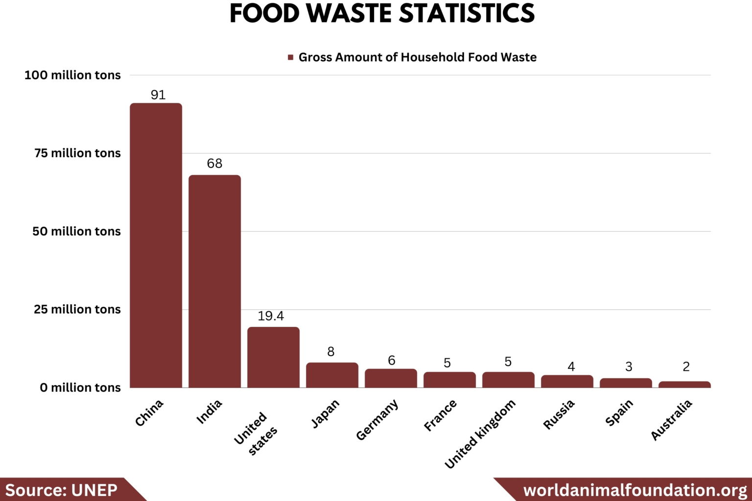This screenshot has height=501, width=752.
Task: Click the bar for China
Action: pyautogui.click(x=156, y=245)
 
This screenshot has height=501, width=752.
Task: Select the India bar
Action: pyautogui.click(x=214, y=281)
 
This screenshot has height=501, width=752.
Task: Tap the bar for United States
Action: pyautogui.click(x=273, y=357)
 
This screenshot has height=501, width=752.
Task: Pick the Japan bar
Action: pyautogui.click(x=332, y=375)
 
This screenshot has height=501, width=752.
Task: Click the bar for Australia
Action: pyautogui.click(x=684, y=385)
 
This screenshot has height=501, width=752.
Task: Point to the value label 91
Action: pyautogui.click(x=158, y=95)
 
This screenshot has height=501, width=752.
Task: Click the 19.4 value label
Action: pyautogui.click(x=271, y=316)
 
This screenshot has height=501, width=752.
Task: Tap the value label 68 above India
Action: pyautogui.click(x=214, y=163)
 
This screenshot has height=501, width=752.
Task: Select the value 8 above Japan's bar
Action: pyautogui.click(x=331, y=352)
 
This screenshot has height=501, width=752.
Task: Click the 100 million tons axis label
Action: pyautogui.click(x=72, y=75)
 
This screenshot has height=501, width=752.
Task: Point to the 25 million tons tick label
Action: pyautogui.click(x=77, y=309)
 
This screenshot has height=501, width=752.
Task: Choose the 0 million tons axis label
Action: pyautogui.click(x=80, y=387)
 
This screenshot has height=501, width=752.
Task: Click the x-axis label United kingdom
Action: pyautogui.click(x=480, y=433)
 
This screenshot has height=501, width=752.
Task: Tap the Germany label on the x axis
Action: pyautogui.click(x=377, y=420)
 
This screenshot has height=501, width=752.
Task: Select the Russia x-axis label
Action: pyautogui.click(x=559, y=414)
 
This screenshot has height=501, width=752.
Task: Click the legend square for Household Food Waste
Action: pyautogui.click(x=290, y=57)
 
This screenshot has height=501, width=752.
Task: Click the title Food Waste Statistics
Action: pyautogui.click(x=382, y=13)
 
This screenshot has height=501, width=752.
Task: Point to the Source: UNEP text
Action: pyautogui.click(x=61, y=490)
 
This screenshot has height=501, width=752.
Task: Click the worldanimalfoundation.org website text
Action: pyautogui.click(x=635, y=490)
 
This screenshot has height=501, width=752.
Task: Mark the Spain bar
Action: pyautogui.click(x=626, y=383)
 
